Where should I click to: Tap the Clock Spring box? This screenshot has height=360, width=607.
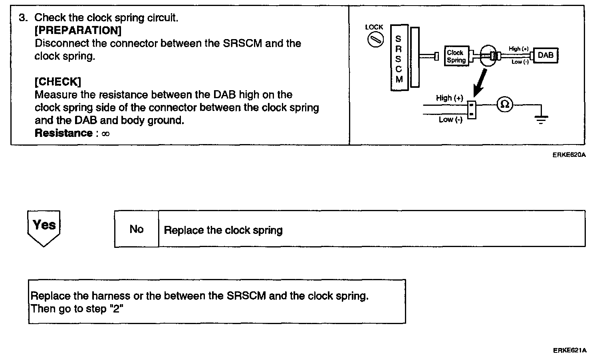(x=456, y=56)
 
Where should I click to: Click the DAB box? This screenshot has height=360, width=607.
(x=546, y=55)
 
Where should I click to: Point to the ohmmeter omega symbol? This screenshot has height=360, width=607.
(x=505, y=105)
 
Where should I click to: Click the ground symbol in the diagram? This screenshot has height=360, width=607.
(x=541, y=119)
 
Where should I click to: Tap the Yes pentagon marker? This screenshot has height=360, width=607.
(x=44, y=227)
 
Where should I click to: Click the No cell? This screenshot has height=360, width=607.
(x=137, y=229)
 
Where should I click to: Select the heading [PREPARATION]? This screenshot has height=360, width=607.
(x=78, y=31)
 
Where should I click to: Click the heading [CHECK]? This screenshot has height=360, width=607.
(x=58, y=82)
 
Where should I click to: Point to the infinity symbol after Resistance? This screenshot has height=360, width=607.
(x=105, y=134)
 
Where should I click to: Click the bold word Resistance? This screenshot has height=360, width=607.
(x=63, y=133)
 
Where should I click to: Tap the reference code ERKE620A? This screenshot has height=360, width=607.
(x=569, y=155)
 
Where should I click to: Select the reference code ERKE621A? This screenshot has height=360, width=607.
(x=569, y=351)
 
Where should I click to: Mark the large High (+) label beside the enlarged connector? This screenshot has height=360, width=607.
(x=449, y=98)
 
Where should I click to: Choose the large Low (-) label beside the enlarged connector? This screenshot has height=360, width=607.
(x=450, y=120)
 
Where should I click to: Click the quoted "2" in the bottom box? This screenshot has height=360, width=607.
(x=116, y=309)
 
